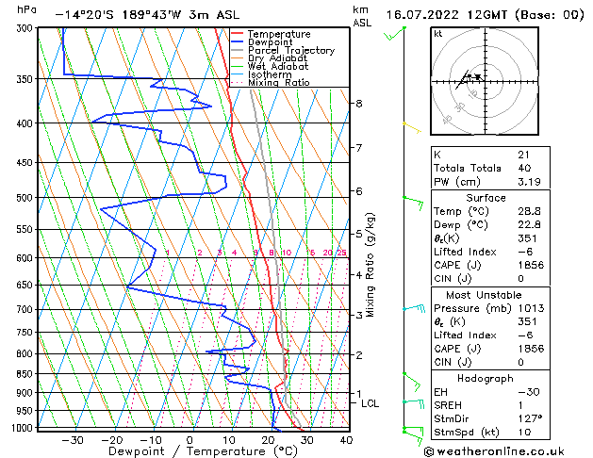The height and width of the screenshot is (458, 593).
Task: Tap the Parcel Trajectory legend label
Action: [x=290, y=50]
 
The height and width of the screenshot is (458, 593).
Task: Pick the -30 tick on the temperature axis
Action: [x=73, y=439]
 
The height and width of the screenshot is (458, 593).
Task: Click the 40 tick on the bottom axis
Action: [x=346, y=439]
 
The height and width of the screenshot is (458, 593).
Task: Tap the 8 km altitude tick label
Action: [x=359, y=103]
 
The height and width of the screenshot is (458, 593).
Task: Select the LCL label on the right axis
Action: [x=371, y=403]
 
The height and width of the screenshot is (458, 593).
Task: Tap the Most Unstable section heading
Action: [x=487, y=294]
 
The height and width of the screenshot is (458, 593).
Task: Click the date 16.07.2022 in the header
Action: [x=422, y=15]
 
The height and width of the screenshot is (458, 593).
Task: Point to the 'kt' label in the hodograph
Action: [x=437, y=33]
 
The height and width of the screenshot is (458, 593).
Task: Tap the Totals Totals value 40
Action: [x=523, y=168]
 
